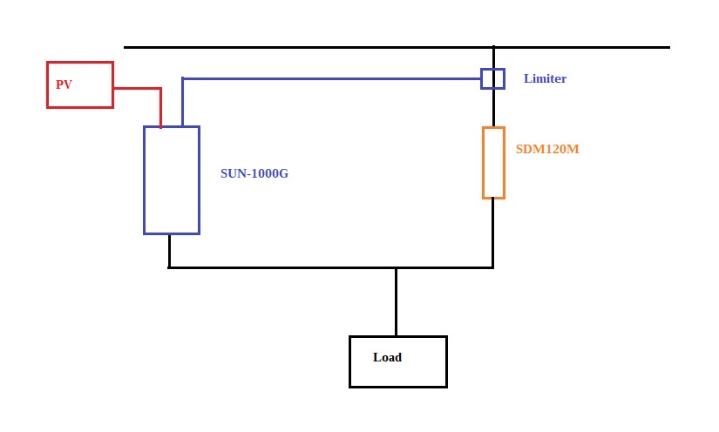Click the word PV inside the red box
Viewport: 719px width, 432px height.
click(64, 84)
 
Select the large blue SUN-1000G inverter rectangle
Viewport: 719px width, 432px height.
click(172, 180)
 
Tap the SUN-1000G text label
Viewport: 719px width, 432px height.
click(254, 173)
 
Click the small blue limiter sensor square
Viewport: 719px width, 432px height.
click(492, 78)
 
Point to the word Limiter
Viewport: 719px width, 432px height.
click(545, 78)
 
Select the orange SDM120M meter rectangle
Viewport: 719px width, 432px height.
click(493, 163)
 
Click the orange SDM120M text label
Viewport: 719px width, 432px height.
click(547, 149)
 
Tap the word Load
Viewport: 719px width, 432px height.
click(387, 357)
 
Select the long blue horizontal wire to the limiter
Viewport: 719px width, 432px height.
click(331, 78)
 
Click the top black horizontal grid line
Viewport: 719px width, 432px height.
click(305, 47)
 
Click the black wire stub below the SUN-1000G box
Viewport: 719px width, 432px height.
click(169, 251)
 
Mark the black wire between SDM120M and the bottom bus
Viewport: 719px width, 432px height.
click(493, 233)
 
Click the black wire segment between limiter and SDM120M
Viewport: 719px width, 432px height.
click(493, 108)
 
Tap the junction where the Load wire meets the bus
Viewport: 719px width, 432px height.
click(396, 267)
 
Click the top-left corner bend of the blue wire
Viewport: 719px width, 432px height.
click(183, 78)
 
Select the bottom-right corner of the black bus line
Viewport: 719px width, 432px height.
click(493, 267)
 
